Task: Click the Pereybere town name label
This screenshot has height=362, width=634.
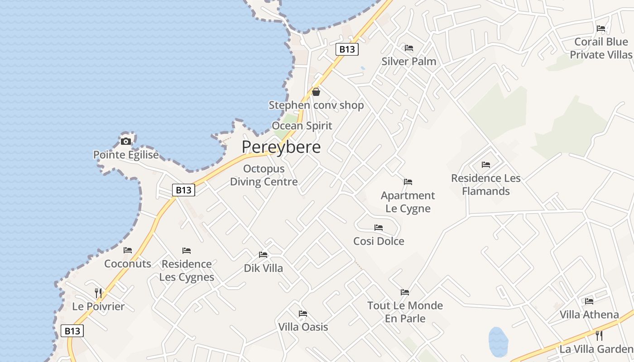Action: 281,147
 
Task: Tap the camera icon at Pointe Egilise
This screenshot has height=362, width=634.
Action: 126,141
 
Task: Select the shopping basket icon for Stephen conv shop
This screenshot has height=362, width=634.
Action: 316,92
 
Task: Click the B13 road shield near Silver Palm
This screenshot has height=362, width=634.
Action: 347,49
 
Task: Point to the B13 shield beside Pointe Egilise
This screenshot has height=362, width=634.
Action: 183,190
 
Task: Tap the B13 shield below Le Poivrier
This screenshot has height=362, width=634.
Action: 72,331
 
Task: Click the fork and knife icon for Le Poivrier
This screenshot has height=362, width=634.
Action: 98,293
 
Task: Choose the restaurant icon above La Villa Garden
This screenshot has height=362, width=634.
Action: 599,335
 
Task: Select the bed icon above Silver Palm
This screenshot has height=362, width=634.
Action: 409,48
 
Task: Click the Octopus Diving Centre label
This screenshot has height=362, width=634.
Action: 264,175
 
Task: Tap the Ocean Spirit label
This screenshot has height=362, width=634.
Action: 302,125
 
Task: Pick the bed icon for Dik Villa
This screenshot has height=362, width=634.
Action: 263,254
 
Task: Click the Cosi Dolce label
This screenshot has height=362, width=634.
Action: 379,241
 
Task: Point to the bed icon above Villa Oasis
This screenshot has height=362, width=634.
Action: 303,313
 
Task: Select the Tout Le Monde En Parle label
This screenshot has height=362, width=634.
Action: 405,312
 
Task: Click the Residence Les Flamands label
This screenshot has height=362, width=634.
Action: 486,185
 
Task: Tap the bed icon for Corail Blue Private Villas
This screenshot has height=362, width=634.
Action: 601,28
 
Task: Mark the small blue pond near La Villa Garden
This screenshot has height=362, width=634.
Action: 498,341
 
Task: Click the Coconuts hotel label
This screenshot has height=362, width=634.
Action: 128,264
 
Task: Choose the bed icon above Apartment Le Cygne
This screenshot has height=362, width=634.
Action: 408,182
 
